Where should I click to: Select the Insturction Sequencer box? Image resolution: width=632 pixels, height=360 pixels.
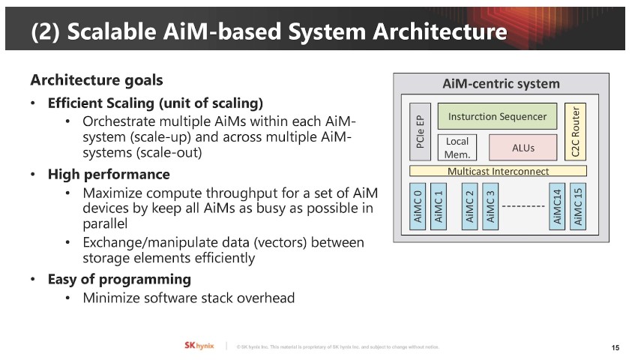pyautogui.click(x=497, y=116)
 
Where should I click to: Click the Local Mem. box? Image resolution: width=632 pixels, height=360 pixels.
pyautogui.click(x=457, y=147)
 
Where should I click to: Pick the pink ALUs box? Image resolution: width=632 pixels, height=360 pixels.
pyautogui.click(x=523, y=147)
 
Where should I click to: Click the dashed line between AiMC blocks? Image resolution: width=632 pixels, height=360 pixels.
pyautogui.click(x=523, y=205)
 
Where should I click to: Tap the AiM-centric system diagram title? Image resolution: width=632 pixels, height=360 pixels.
pyautogui.click(x=502, y=83)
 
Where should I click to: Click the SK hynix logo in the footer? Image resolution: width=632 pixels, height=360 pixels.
pyautogui.click(x=199, y=345)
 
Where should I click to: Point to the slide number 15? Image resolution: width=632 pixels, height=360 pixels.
pyautogui.click(x=616, y=347)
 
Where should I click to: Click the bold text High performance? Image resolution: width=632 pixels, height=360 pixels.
pyautogui.click(x=109, y=175)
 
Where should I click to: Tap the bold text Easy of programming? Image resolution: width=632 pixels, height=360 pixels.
pyautogui.click(x=119, y=279)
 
